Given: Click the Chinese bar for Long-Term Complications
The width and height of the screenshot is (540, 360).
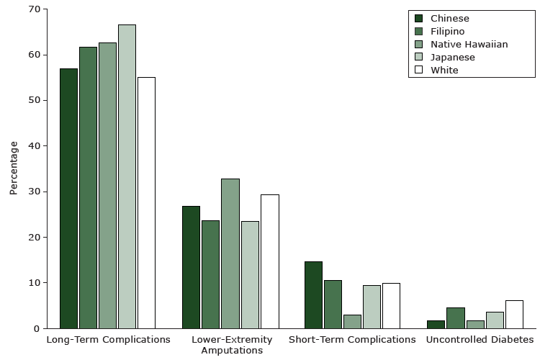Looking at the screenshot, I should pos(68,198).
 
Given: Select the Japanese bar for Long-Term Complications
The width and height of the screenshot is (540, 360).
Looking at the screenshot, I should pos(127,176).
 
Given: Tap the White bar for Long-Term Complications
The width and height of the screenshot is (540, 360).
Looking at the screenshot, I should pos(146,202).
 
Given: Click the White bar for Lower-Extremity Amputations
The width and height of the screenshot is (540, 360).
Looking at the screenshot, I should pos(269,261).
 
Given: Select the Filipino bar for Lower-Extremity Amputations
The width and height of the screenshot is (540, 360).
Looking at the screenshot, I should pos(210,274).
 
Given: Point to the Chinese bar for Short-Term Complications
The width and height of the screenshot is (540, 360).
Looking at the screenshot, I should pos(313,294).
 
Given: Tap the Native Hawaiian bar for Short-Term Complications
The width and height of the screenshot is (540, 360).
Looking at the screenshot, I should pos(352,321).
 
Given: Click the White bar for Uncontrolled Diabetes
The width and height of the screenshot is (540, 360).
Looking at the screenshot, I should pos(514,314).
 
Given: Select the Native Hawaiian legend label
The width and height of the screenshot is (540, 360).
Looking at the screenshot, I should pos(469,44).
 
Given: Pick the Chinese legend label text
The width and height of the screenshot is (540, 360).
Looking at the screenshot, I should pos(449,18).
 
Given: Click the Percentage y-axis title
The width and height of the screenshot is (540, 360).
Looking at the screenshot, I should pos(14,168).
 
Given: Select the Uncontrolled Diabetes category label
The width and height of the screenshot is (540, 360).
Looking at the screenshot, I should pos(480,339).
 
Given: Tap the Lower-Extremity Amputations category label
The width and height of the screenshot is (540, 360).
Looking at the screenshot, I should pos(232,345).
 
